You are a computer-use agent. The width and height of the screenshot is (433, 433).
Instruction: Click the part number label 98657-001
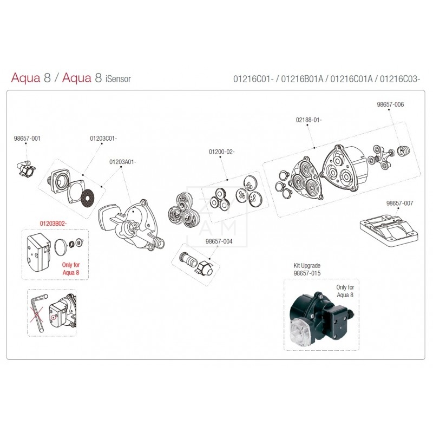[x=27, y=139]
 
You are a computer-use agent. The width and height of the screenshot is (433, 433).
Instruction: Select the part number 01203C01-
[x=103, y=139]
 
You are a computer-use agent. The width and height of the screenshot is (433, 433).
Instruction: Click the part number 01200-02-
[x=221, y=152]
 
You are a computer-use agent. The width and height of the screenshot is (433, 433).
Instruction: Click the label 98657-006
[x=391, y=104]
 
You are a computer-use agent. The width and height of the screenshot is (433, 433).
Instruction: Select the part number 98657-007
[x=399, y=204]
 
